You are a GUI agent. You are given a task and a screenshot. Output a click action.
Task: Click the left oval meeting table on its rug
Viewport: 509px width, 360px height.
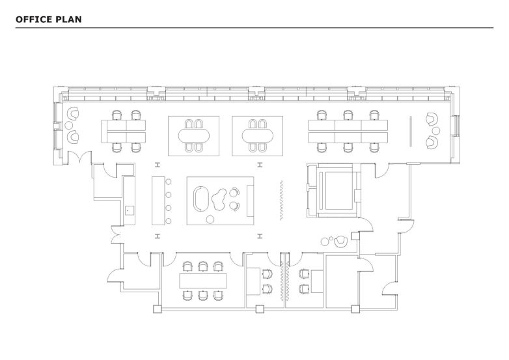pyautogui.click(x=194, y=135)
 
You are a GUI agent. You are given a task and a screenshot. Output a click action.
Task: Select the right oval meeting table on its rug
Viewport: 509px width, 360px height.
pyautogui.click(x=257, y=135)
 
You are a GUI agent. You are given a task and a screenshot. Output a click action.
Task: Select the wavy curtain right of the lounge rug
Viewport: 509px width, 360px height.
pyautogui.click(x=281, y=199)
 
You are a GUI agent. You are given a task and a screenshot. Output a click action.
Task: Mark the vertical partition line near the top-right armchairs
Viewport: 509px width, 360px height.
pyautogui.click(x=411, y=131)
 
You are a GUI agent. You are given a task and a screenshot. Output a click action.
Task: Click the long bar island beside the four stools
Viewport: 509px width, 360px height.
pyautogui.click(x=158, y=199)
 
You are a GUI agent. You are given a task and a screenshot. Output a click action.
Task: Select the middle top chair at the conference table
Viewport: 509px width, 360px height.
pyautogui.click(x=202, y=266)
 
